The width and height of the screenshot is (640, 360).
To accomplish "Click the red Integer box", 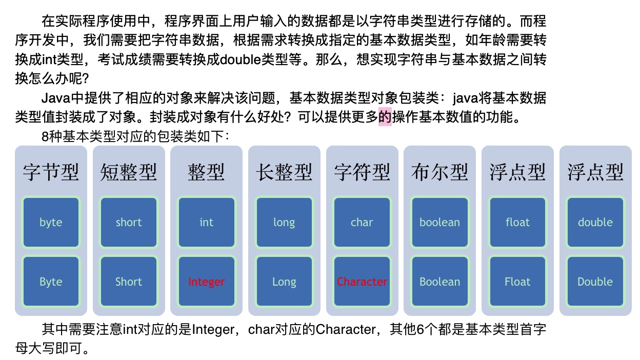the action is click(x=206, y=282).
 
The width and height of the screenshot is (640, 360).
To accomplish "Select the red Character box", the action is click(x=362, y=282).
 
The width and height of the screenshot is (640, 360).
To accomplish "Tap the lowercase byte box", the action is click(x=51, y=222).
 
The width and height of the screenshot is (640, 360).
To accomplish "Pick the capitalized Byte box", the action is click(x=51, y=282).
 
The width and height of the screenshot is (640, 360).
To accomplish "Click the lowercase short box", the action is click(x=129, y=222).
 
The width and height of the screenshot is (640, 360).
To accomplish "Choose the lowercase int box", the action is click(x=206, y=222).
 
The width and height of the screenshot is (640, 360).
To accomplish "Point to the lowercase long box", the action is click(x=284, y=222).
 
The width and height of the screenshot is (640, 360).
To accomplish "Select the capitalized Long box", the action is click(x=284, y=282).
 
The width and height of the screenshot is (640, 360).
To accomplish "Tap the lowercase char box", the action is click(x=362, y=222).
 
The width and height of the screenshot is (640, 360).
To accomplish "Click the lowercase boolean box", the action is click(x=439, y=222).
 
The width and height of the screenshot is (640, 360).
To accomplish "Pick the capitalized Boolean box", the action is click(x=439, y=282).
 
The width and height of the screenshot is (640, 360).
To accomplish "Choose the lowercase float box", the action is click(x=517, y=222).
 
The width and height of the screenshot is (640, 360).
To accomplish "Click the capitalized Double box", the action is click(x=595, y=282).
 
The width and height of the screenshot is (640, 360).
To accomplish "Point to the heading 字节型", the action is click(x=51, y=173).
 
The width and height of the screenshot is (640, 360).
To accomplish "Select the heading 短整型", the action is click(x=129, y=173).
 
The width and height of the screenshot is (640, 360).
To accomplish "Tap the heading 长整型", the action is click(x=284, y=173).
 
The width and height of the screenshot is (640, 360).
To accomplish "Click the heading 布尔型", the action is click(x=439, y=173).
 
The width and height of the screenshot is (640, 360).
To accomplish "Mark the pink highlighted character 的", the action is click(x=385, y=117).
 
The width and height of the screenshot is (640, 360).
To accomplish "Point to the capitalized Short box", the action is click(x=129, y=282).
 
